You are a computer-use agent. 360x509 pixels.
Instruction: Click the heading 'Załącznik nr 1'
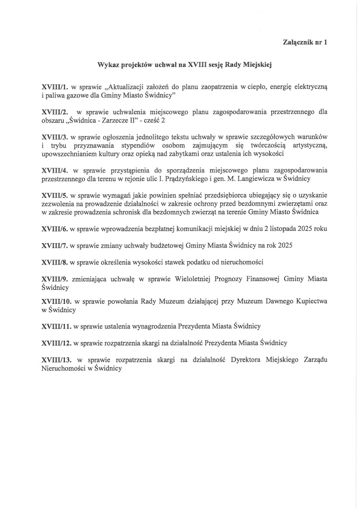305,43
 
